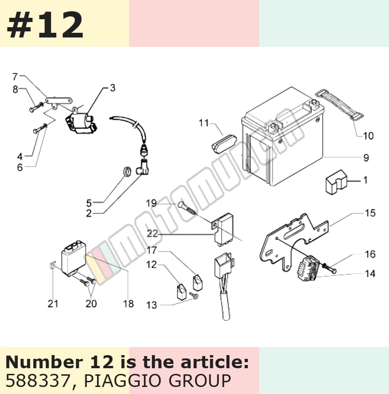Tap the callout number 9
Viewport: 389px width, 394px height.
coord(366,158)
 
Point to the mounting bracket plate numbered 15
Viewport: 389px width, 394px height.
coord(294,241)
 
